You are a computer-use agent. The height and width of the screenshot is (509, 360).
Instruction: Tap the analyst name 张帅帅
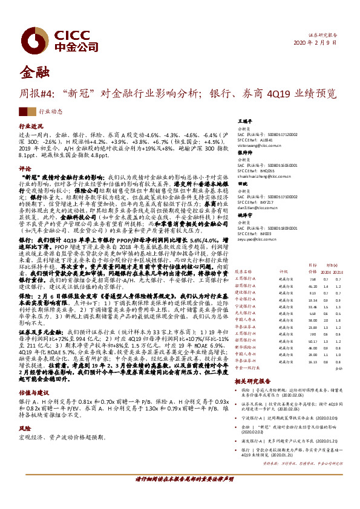[244, 153]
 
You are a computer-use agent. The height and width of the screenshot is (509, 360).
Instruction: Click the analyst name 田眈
[242, 183]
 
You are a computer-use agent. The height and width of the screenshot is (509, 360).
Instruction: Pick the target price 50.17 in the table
[312, 341]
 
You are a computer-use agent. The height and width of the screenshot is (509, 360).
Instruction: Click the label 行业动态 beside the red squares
[50, 112]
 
